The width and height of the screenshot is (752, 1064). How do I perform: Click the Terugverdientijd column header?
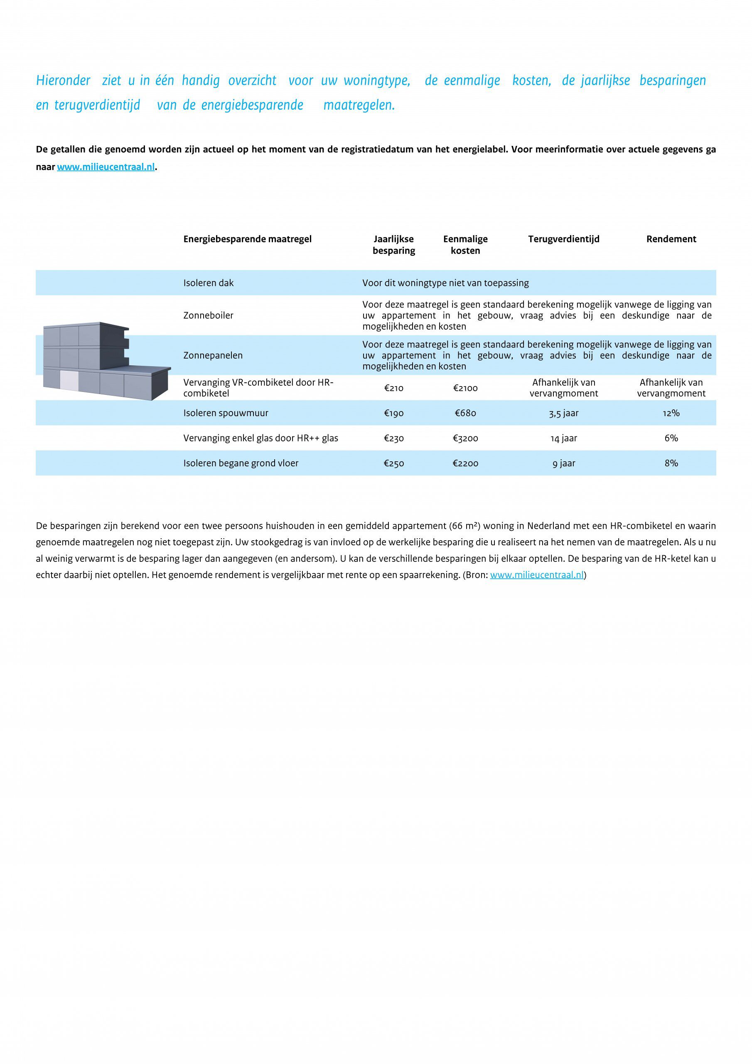tap(563, 239)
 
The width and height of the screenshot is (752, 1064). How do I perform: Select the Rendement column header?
tap(671, 239)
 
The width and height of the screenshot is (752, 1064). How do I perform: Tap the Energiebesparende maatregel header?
tap(248, 239)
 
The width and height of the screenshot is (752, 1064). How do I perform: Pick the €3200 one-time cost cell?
tap(465, 438)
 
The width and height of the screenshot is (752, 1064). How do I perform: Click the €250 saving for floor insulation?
tap(393, 463)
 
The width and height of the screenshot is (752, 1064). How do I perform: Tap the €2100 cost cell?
tap(465, 388)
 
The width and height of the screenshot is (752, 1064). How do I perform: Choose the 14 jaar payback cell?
tap(563, 438)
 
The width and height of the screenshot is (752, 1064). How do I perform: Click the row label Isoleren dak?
tap(209, 283)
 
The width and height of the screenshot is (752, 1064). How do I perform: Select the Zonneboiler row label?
tap(209, 315)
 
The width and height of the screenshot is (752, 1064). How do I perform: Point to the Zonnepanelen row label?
tap(213, 355)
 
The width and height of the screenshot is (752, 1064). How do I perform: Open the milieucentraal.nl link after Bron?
tap(536, 575)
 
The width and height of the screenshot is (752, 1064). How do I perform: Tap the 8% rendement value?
tap(671, 463)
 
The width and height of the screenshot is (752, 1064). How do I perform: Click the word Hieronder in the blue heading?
tap(64, 81)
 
